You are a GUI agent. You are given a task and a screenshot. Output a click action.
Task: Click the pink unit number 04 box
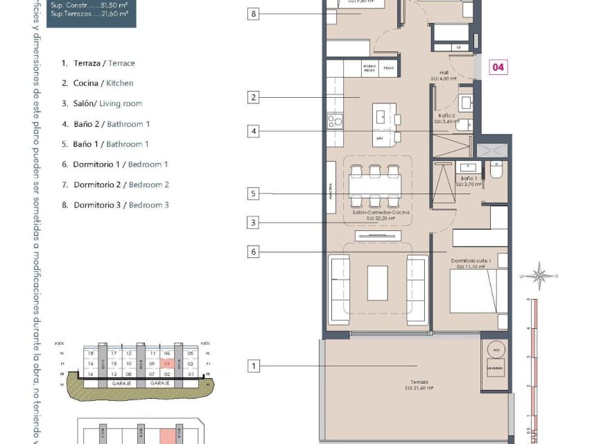coord(498,67)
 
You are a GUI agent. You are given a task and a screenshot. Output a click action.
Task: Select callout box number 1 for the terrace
coord(254,366)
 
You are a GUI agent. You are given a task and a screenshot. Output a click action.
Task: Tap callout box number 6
coord(254,252)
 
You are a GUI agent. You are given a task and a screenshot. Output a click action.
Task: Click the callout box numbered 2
coord(254,98)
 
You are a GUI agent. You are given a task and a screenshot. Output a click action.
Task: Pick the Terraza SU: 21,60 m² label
coord(418,385)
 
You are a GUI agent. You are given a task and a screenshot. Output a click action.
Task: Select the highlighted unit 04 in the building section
coord(166,364)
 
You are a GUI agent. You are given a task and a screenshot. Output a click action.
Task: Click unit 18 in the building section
coord(90,354)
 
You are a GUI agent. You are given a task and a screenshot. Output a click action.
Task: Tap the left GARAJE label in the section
coord(121,383)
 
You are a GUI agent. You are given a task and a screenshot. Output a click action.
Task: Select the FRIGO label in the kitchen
coord(389,68)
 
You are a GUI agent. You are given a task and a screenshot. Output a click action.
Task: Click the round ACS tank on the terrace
coord(494,349)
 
